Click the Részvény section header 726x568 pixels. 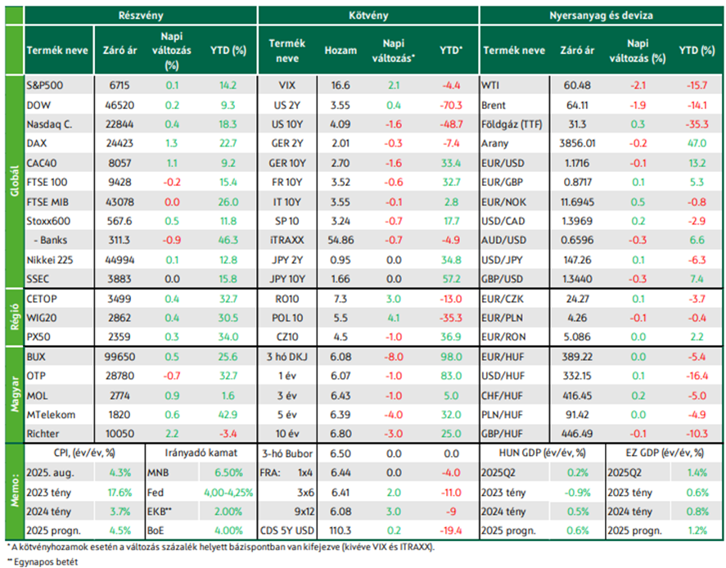click(x=141, y=16)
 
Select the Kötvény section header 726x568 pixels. click(x=368, y=16)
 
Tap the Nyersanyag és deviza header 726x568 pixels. click(x=601, y=16)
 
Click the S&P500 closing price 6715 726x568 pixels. click(x=119, y=86)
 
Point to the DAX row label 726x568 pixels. click(x=37, y=143)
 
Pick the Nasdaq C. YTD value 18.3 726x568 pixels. click(x=228, y=124)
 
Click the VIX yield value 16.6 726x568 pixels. click(x=340, y=86)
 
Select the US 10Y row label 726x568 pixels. click(x=287, y=124)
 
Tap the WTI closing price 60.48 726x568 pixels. click(x=577, y=86)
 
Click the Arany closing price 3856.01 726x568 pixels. click(x=577, y=143)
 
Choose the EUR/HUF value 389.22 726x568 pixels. click(x=577, y=357)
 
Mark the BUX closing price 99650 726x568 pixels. click(x=119, y=357)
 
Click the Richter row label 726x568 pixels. click(x=43, y=434)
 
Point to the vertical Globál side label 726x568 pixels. click(x=15, y=181)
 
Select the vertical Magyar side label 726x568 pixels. click(x=15, y=394)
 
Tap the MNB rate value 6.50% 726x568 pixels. click(x=228, y=473)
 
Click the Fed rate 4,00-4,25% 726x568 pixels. click(x=228, y=493)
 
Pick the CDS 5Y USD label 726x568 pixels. click(x=287, y=530)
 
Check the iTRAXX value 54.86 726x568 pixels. click(x=340, y=241)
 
